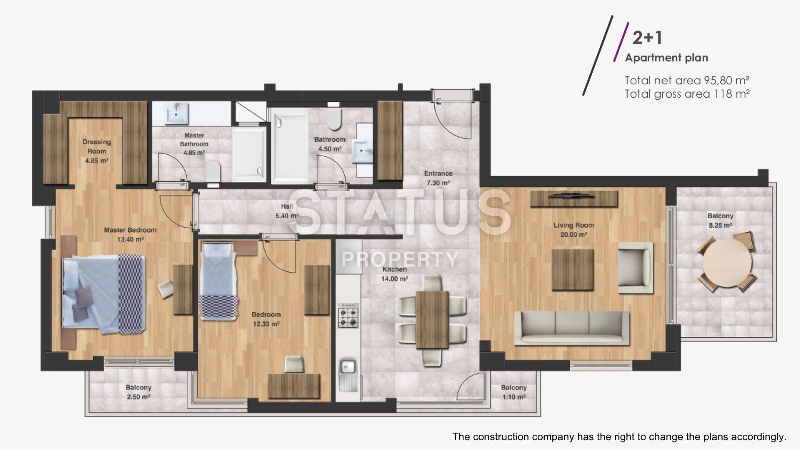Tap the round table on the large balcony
click(x=727, y=262)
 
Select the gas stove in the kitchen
click(x=348, y=315)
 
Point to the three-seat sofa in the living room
click(x=572, y=328)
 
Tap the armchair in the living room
click(x=635, y=268)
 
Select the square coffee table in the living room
click(x=573, y=270)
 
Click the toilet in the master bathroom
click(x=213, y=171)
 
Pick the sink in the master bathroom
click(x=177, y=113)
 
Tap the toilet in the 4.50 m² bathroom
click(x=334, y=119)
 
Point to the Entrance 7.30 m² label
click(x=438, y=178)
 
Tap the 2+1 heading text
click(x=647, y=38)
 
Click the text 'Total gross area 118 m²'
click(x=687, y=94)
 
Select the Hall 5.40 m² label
click(x=287, y=211)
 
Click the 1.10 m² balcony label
click(x=514, y=392)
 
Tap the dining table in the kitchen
click(x=432, y=320)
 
